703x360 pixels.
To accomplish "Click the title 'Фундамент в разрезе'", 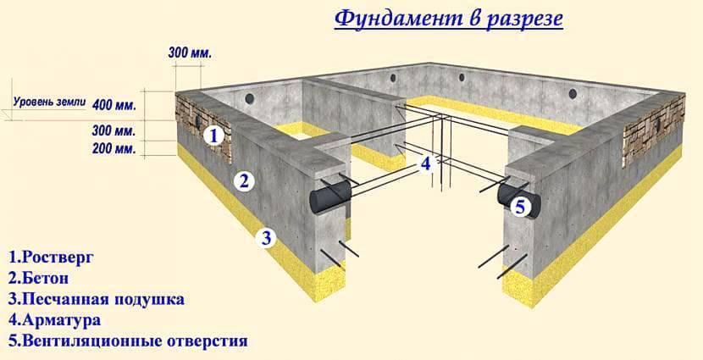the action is pos(448,19).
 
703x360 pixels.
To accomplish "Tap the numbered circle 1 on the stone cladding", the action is pos(213,136).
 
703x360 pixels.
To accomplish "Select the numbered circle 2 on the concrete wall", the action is pos(244,181).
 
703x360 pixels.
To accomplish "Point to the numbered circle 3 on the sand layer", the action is pos(267,238).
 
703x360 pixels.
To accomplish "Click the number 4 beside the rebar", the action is pos(425,163).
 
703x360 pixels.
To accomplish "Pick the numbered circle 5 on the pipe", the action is pos(520,208).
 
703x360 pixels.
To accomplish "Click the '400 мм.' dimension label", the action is pos(113,106).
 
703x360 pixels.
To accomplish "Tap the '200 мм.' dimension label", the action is pos(113,148).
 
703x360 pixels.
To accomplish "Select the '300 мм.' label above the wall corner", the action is pos(190,53).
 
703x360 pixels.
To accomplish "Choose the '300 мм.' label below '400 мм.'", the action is pos(113,131).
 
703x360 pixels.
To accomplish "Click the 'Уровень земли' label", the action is pos(49,102).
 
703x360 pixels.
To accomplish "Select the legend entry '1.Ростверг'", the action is pos(51,258).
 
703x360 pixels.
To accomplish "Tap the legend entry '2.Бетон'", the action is pos(39,279).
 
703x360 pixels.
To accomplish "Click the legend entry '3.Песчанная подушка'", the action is pos(97,300).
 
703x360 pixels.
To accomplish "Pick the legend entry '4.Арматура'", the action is pos(54,319).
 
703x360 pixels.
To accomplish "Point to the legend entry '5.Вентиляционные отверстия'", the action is pos(128,341).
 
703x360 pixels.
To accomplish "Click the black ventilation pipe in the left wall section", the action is pos(329,198).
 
